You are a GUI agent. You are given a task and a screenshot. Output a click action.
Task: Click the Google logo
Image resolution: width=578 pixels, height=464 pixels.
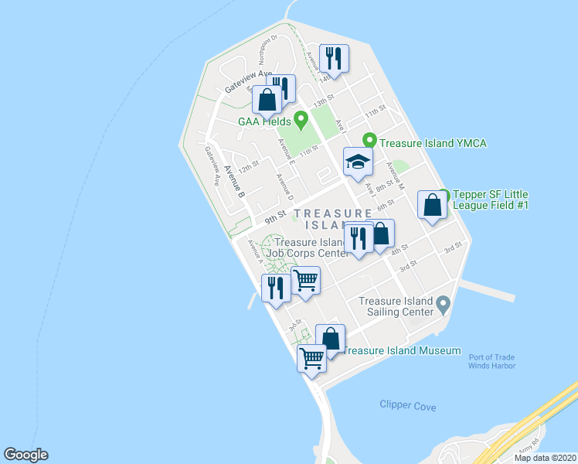(x=25, y=455)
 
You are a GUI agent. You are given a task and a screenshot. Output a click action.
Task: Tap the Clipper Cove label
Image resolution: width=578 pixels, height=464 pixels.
(x=408, y=406)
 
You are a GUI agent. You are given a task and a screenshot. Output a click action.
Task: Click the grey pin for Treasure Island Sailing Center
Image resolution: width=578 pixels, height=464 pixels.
(x=443, y=302)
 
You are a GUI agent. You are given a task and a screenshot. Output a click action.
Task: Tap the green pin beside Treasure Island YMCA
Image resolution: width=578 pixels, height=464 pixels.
(x=369, y=140)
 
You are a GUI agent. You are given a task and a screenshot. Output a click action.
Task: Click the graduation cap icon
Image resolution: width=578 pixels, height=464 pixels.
(x=358, y=162)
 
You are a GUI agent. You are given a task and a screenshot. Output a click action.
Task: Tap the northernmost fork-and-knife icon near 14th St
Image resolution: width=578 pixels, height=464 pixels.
(x=334, y=57)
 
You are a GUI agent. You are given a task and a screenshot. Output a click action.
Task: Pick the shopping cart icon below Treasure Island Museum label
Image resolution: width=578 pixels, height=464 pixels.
(x=312, y=358)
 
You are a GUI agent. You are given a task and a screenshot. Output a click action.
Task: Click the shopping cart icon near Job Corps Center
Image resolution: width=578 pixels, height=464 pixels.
(x=306, y=280)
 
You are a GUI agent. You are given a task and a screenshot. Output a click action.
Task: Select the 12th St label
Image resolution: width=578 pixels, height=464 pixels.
(x=248, y=167)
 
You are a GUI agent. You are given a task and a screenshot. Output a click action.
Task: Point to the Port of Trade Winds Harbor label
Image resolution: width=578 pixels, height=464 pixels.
(x=491, y=361)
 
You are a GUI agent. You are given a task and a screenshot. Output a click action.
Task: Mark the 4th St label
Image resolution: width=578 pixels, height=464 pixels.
(x=399, y=251)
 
